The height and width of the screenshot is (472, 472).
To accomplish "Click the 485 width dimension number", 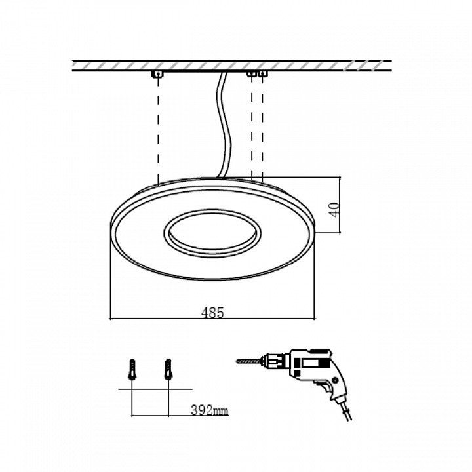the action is coord(212,313).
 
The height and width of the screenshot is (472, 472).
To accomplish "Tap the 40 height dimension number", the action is coord(335,210).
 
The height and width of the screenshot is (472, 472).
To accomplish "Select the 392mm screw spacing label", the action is coord(210,410).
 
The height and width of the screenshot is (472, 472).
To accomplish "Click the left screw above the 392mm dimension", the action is coord(132,369).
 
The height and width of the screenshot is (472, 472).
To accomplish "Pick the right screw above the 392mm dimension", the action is coord(168,369).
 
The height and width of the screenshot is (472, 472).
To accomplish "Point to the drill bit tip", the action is coord(237,361).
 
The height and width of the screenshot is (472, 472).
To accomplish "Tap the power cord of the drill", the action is coord(346,409).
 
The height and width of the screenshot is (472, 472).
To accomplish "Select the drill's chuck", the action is coord(274,361).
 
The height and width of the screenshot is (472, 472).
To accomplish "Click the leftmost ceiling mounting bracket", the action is coord(157,74).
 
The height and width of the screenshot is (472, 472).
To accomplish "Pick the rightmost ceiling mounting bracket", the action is coord(263,73).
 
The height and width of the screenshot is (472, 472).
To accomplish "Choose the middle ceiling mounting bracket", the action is coord(252,73).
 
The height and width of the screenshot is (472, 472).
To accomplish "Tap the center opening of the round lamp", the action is coord(212,233).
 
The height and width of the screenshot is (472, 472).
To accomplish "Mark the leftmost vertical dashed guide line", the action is coord(158,130).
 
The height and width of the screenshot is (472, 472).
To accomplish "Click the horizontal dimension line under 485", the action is coord(212,318).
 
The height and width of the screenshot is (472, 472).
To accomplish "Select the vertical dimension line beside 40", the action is coord(340,205).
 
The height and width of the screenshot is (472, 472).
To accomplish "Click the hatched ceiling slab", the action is coord(232,66).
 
